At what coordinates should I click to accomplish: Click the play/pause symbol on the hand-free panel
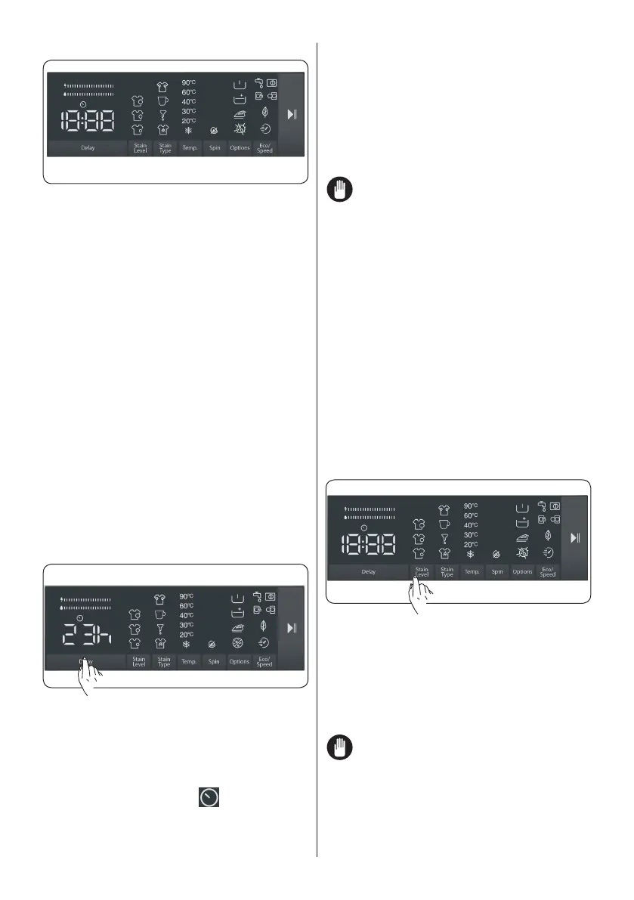point(292,116)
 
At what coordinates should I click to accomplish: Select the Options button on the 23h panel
point(239,660)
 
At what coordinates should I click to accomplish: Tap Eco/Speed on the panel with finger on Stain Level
point(548,572)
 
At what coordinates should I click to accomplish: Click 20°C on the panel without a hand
point(189,120)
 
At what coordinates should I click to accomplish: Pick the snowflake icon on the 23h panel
point(187,645)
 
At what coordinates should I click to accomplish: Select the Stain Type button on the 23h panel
point(164,660)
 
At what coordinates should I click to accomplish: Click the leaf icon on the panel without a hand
point(264,112)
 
